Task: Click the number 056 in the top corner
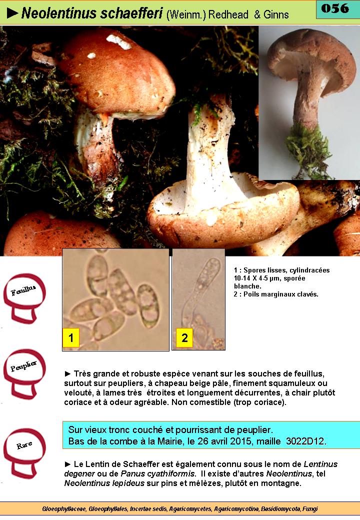pos(335,8)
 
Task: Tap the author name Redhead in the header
pos(228,14)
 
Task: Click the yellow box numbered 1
pos(71,337)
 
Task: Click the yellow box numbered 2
pos(184,337)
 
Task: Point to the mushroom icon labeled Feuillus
pos(24,298)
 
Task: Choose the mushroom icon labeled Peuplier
pos(24,373)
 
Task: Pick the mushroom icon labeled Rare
pos(24,453)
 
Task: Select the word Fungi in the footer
pos(310,508)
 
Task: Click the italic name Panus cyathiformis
pos(157,474)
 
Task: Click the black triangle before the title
pos(12,13)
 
